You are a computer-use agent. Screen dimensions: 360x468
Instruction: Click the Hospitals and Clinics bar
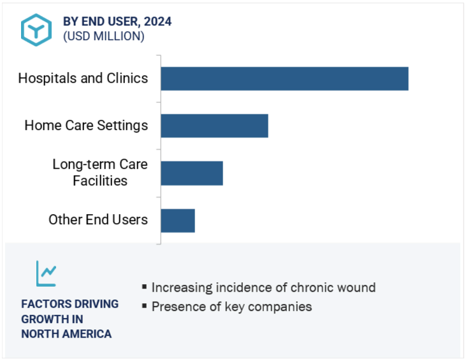click(284, 78)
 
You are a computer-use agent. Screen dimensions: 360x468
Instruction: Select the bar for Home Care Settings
click(214, 126)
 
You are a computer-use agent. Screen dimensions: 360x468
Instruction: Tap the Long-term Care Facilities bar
click(192, 173)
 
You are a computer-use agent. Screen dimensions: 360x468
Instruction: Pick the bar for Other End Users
click(178, 220)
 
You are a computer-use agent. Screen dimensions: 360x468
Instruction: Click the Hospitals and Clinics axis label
click(83, 78)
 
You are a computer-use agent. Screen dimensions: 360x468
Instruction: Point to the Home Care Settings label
click(86, 126)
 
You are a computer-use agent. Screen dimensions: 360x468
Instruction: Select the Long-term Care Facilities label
click(99, 173)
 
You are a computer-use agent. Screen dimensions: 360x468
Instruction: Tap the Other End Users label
click(98, 220)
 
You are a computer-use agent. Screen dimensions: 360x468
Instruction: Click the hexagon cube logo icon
click(36, 29)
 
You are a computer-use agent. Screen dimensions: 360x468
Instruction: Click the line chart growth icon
click(47, 273)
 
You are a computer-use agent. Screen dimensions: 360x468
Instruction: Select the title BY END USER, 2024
click(117, 21)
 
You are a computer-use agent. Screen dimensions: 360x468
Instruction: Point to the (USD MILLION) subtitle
click(103, 36)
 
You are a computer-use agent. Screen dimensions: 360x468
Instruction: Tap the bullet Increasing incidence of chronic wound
click(263, 287)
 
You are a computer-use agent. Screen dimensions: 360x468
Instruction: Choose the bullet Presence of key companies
click(231, 306)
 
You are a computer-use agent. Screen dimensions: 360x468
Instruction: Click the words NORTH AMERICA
click(66, 334)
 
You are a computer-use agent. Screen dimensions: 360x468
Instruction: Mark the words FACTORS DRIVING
click(69, 304)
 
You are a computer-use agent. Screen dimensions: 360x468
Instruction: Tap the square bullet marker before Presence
click(145, 306)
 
